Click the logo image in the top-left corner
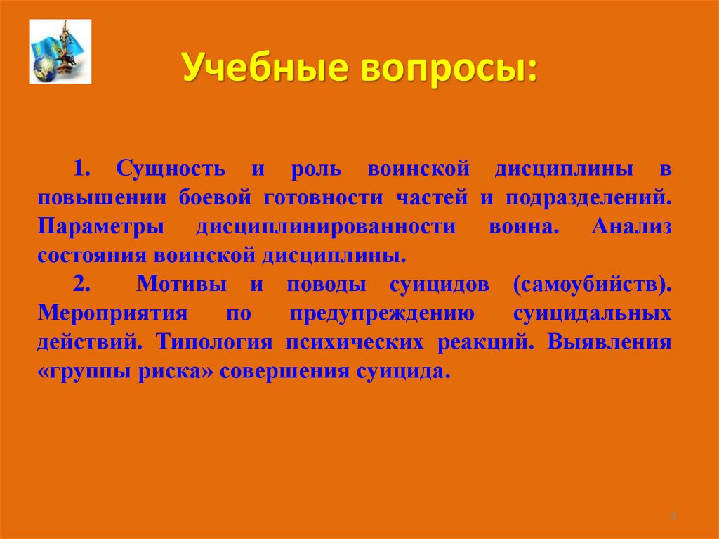[60, 51]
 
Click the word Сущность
[171, 169]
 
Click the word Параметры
[101, 226]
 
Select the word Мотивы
[181, 285]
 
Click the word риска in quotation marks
[178, 371]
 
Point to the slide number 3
[673, 517]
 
